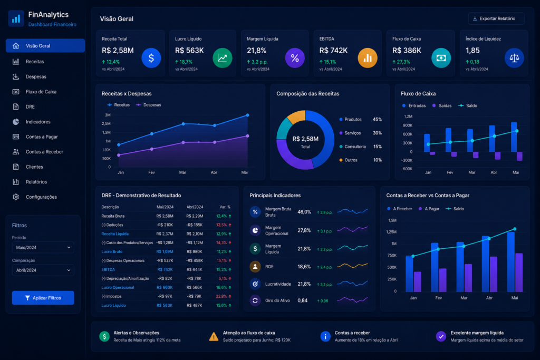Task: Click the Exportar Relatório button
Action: click(496, 18)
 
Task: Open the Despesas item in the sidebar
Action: click(36, 77)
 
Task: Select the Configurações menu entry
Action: click(41, 197)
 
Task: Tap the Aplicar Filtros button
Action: click(43, 298)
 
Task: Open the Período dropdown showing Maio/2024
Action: click(43, 247)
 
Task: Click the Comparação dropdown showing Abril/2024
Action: click(43, 270)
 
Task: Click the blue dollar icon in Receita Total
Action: click(151, 58)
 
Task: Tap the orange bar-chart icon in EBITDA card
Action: click(368, 58)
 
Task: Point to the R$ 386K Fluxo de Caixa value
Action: click(407, 51)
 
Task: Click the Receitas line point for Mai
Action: click(247, 115)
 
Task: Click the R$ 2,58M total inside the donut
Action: click(305, 139)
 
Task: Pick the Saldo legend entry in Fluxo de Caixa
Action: click(468, 105)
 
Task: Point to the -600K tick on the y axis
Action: click(407, 169)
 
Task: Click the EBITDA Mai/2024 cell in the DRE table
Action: click(165, 269)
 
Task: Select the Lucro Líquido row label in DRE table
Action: click(114, 305)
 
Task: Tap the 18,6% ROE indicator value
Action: click(304, 267)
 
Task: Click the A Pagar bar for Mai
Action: click(519, 272)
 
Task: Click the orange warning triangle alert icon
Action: click(214, 337)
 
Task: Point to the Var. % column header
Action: click(225, 207)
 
